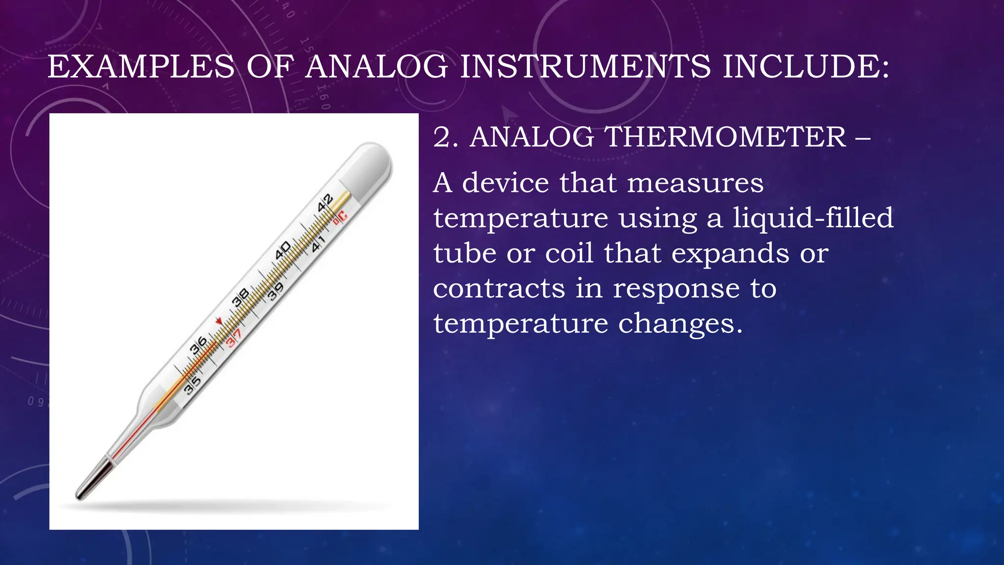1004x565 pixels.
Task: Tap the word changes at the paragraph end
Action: [x=680, y=324]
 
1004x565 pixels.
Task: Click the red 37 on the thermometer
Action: [x=234, y=338]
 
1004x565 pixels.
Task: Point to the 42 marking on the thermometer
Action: [x=325, y=203]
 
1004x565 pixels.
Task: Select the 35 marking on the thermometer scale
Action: [x=192, y=385]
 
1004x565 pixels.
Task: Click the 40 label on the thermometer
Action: [x=283, y=250]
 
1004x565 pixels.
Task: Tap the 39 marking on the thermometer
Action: [x=276, y=292]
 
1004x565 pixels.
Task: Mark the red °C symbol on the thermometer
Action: [x=340, y=217]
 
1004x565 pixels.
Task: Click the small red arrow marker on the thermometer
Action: [x=219, y=321]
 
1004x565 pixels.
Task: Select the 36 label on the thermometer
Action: [x=199, y=346]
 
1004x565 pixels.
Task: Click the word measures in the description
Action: [x=695, y=182]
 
